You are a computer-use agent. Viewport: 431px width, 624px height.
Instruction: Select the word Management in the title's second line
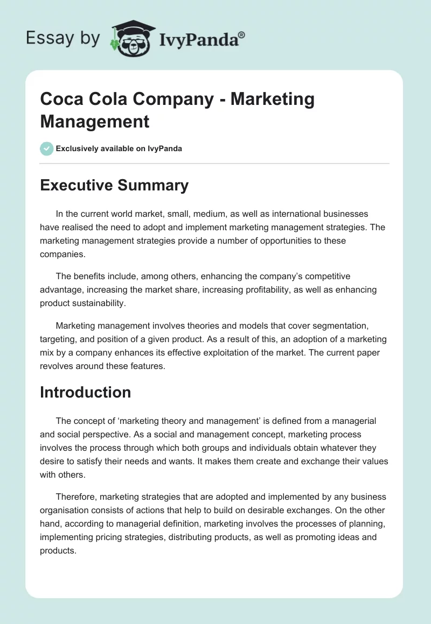(x=94, y=121)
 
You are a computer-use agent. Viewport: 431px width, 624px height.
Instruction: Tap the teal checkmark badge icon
(x=46, y=148)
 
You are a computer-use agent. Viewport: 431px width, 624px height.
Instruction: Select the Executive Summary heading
(x=114, y=186)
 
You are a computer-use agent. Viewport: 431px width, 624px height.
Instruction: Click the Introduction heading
(x=85, y=392)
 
